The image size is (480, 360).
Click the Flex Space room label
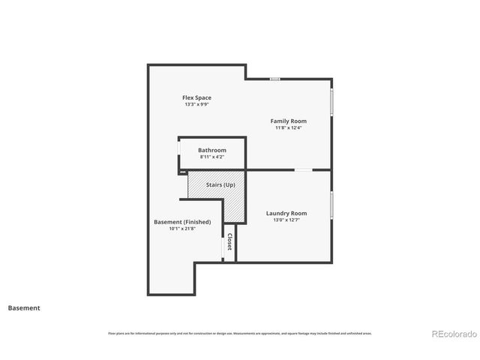(197, 97)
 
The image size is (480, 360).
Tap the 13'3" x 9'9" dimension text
(197, 105)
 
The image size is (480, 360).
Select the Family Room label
(289, 121)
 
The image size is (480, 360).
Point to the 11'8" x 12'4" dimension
(289, 128)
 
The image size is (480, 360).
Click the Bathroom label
(212, 150)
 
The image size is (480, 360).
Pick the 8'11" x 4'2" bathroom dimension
(212, 157)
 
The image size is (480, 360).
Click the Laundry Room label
(286, 213)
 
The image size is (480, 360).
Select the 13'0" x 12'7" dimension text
(286, 220)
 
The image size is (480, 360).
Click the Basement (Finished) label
(182, 222)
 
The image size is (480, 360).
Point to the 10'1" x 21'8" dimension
(182, 229)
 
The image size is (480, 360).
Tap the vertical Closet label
(229, 241)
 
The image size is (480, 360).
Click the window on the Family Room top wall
(275, 79)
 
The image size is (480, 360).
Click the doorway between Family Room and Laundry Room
(303, 169)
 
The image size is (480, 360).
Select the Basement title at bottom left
(24, 307)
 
